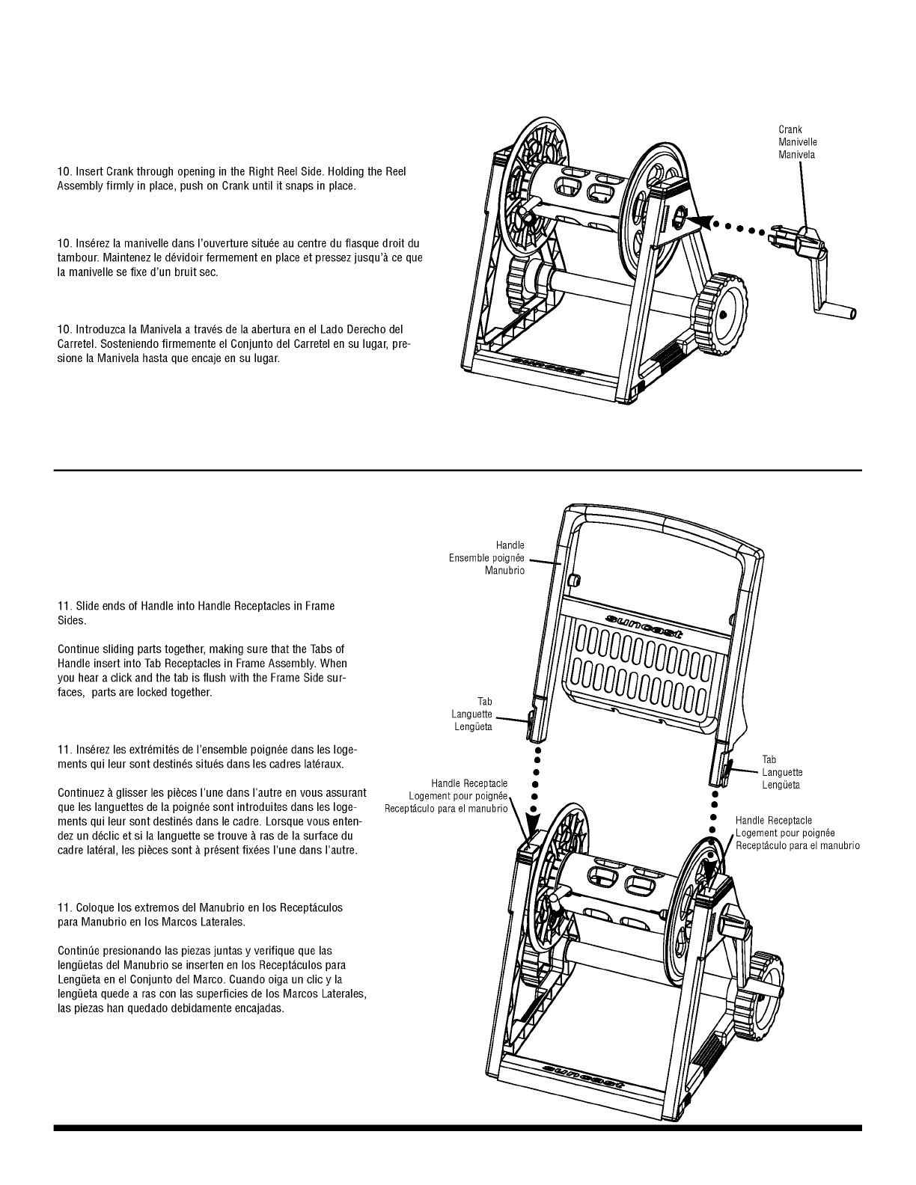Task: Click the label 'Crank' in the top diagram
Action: pyautogui.click(x=790, y=130)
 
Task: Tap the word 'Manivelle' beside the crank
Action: pyautogui.click(x=797, y=142)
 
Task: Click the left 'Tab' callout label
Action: pyautogui.click(x=485, y=702)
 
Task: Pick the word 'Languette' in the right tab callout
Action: pyautogui.click(x=782, y=773)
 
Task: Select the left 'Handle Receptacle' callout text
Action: pyautogui.click(x=469, y=783)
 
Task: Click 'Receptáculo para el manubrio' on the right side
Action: pyautogui.click(x=797, y=846)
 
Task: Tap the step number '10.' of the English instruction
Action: pyautogui.click(x=64, y=172)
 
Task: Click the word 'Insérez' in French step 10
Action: pyautogui.click(x=93, y=244)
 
